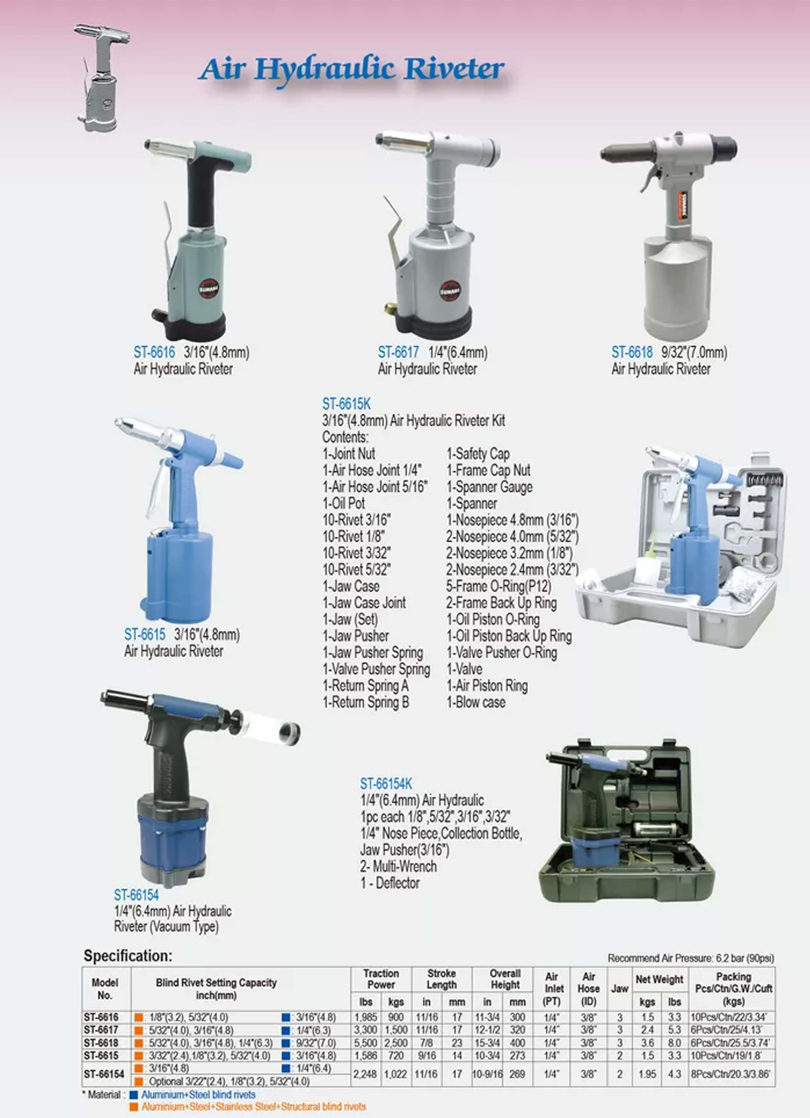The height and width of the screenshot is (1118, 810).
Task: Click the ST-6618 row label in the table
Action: tap(101, 1042)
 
